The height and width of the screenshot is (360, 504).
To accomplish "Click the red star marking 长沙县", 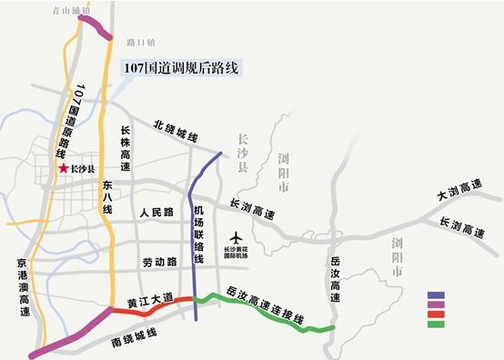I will [62, 168].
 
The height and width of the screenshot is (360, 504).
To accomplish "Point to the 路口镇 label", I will [141, 42].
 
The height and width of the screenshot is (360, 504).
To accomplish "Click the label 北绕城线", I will [176, 132].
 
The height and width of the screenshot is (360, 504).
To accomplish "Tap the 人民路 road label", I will [156, 212].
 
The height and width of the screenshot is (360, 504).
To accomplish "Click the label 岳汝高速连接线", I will [264, 305].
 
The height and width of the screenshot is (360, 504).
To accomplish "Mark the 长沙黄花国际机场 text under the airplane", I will [238, 250].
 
